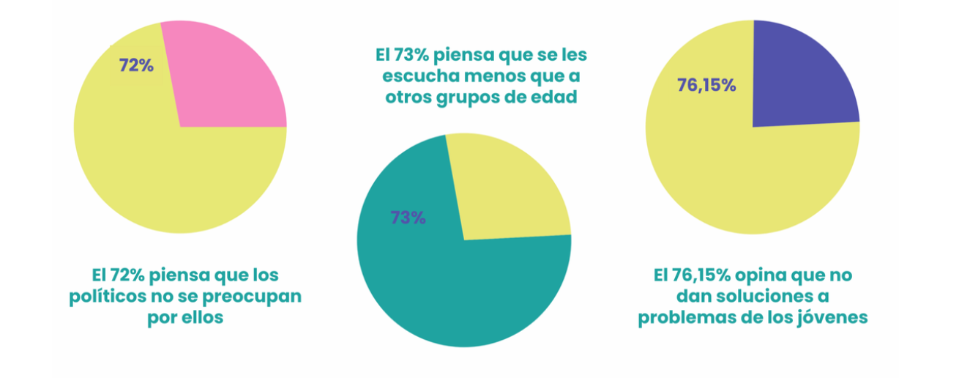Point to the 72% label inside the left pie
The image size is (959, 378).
click(x=136, y=65)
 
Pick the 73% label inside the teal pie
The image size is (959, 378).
click(x=408, y=218)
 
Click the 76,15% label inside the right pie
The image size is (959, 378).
click(x=706, y=85)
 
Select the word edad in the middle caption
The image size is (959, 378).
click(x=554, y=97)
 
